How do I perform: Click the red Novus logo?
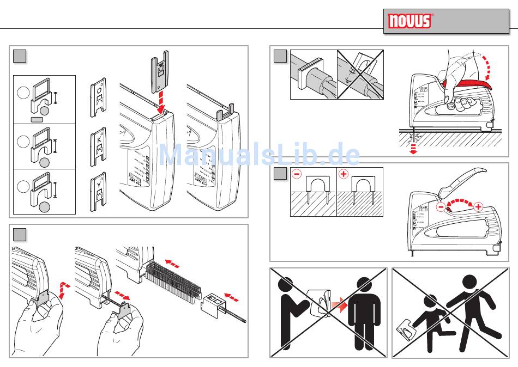point(409,21)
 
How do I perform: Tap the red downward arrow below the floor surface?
point(414,149)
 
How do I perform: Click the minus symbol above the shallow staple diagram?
point(297,175)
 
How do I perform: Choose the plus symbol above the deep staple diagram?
point(344,175)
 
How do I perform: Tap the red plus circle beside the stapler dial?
point(478,206)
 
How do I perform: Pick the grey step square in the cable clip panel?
point(20,234)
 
